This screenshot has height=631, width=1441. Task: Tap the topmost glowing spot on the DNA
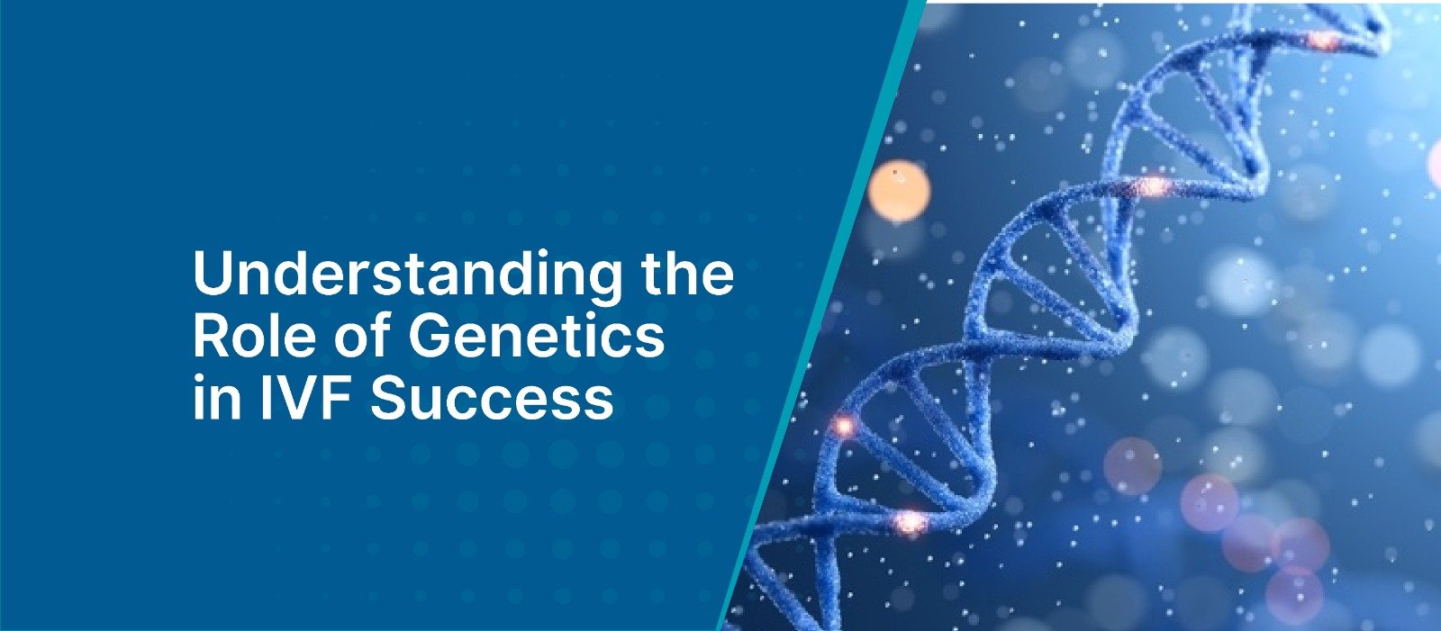(1322, 40)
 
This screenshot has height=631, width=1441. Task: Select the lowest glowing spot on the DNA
(910, 520)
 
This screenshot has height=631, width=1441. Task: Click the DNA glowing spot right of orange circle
(1152, 186)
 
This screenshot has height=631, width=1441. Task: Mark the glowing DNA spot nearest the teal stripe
(845, 425)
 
